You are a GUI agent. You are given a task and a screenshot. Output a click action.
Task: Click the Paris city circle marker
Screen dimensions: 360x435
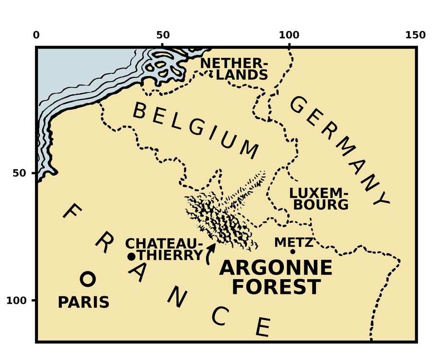pyautogui.click(x=88, y=279)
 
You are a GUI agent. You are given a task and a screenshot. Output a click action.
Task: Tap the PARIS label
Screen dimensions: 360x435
pyautogui.click(x=84, y=303)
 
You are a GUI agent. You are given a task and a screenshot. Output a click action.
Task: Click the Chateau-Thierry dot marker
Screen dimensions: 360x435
pyautogui.click(x=131, y=257)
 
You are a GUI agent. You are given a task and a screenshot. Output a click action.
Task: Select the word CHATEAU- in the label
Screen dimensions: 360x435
pyautogui.click(x=164, y=244)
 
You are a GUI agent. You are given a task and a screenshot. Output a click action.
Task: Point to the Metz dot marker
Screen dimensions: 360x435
pyautogui.click(x=293, y=252)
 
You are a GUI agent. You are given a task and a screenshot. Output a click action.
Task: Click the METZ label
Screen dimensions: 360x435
pyautogui.click(x=294, y=242)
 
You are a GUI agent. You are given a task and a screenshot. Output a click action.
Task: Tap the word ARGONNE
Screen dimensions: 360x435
pyautogui.click(x=276, y=268)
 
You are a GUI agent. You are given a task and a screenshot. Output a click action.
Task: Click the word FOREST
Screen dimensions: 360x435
pyautogui.click(x=276, y=287)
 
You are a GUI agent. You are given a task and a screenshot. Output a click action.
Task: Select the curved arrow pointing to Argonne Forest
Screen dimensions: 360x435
pyautogui.click(x=210, y=253)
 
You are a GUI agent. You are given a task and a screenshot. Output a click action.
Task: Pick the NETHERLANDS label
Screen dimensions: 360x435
pyautogui.click(x=234, y=69)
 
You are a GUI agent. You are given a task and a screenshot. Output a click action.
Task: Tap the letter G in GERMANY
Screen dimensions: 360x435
pyautogui.click(x=298, y=105)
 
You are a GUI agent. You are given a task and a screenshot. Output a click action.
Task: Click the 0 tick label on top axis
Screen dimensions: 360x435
pyautogui.click(x=36, y=35)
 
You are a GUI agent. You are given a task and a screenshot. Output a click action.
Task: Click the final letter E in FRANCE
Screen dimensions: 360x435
pyautogui.click(x=263, y=327)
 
